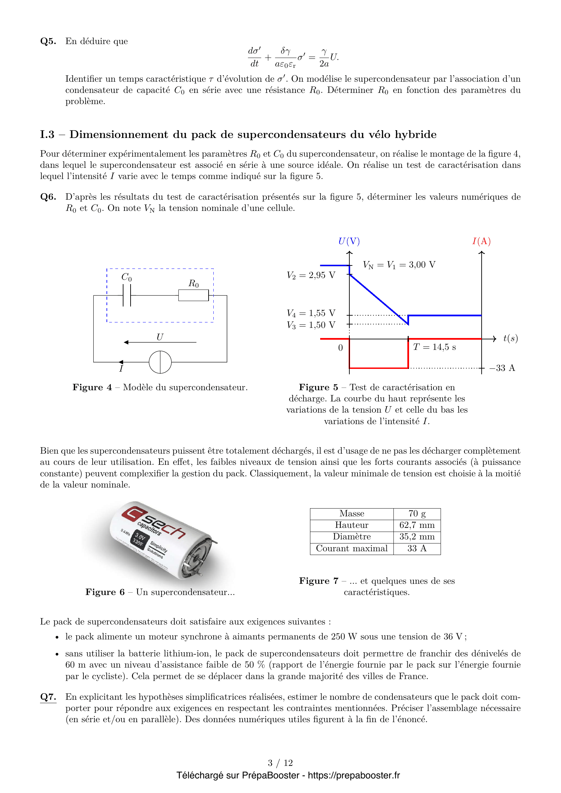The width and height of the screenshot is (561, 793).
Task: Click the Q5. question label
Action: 48,41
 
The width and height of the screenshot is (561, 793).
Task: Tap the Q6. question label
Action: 48,197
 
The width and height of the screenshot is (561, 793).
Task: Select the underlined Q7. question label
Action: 48,697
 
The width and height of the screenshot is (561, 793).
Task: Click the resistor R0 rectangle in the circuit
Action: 193,296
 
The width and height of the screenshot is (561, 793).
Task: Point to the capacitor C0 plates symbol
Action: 127,296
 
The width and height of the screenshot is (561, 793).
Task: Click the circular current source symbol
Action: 160,362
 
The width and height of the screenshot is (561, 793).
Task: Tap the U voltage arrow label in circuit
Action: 160,337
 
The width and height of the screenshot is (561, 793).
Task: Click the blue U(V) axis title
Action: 349,241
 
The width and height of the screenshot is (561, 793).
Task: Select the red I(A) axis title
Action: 482,241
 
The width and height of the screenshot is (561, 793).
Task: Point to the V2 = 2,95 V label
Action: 311,275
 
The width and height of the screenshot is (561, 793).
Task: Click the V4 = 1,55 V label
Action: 311,313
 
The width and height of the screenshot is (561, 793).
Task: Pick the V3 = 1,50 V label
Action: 311,325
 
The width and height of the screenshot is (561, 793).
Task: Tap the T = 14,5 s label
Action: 434,347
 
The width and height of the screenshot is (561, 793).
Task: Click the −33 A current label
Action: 502,368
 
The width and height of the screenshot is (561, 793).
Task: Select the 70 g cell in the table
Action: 417,514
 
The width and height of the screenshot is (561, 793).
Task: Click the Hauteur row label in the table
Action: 352,525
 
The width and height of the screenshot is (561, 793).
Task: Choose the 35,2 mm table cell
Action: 417,537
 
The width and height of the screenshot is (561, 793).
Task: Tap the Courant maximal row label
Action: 352,549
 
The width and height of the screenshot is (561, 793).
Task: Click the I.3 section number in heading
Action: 47,135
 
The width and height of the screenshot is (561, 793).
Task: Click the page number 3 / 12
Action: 280,762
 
